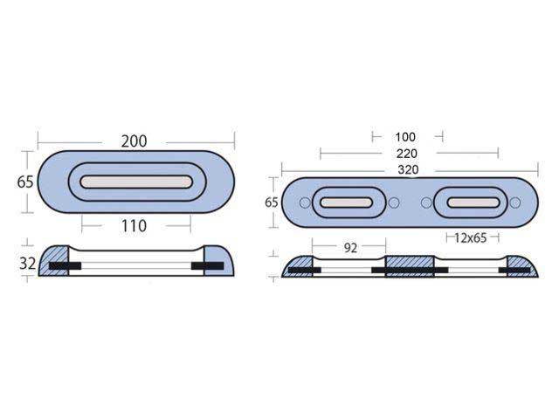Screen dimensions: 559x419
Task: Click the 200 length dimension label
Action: click(134, 141)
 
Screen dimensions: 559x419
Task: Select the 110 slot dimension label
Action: click(134, 226)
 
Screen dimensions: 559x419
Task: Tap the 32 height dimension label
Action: click(27, 264)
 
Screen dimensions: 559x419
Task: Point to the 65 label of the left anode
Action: click(25, 182)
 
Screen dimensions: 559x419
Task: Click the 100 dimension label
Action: click(405, 137)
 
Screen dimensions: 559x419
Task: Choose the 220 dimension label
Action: click(407, 154)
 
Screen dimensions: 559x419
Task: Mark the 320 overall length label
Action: click(408, 169)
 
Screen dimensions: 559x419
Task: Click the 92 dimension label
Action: click(350, 248)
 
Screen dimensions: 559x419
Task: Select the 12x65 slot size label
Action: click(471, 237)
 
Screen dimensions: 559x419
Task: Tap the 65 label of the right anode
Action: click(272, 203)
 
